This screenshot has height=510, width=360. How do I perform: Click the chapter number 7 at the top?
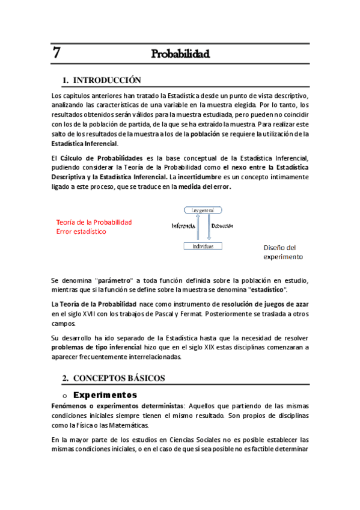pos(56,53)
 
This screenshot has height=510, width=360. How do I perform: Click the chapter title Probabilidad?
pos(180,55)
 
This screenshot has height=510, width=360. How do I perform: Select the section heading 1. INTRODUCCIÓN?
pos(102,81)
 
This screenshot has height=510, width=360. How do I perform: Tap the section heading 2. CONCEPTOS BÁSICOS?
pos(114,378)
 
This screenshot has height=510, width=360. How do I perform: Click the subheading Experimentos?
pos(105,395)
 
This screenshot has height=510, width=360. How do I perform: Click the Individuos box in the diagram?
pos(203,246)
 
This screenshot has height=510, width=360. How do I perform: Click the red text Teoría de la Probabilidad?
pos(94,222)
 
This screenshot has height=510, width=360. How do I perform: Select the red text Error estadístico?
pos(81,231)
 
